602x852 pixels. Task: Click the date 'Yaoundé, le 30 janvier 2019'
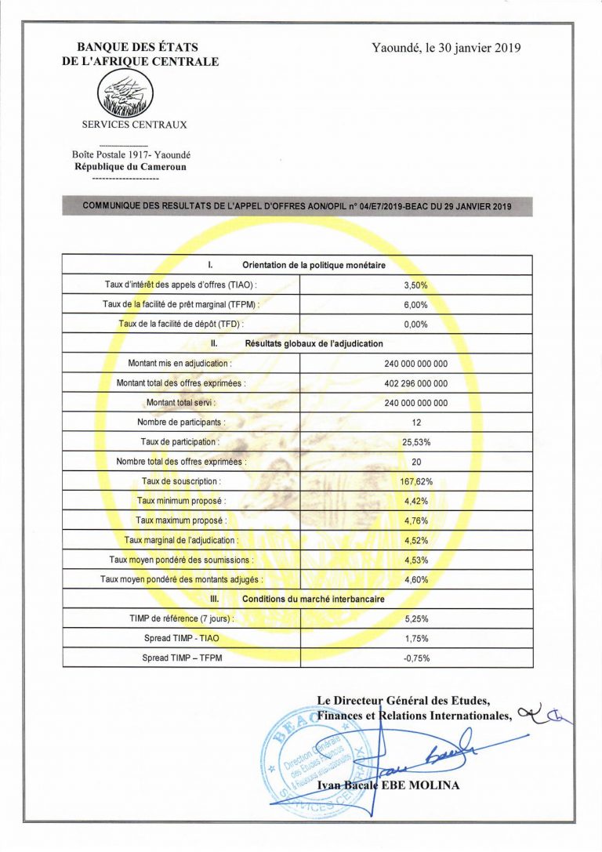446,48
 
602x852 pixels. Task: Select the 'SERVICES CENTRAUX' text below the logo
135,125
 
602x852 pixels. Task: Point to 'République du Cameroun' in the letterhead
130,167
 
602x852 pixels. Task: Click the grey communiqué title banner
297,206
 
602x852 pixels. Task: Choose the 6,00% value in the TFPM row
415,305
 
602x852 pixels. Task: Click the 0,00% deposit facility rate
415,324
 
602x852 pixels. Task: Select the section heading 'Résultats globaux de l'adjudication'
314,343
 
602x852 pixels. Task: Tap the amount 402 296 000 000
415,383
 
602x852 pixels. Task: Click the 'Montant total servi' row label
180,403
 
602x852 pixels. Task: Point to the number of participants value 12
415,422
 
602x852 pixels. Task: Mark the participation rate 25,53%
415,442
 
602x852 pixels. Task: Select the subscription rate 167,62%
415,481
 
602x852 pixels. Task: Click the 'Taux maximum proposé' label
181,520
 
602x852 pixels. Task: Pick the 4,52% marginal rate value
415,540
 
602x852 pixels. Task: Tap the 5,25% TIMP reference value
415,618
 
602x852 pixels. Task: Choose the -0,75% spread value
415,658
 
